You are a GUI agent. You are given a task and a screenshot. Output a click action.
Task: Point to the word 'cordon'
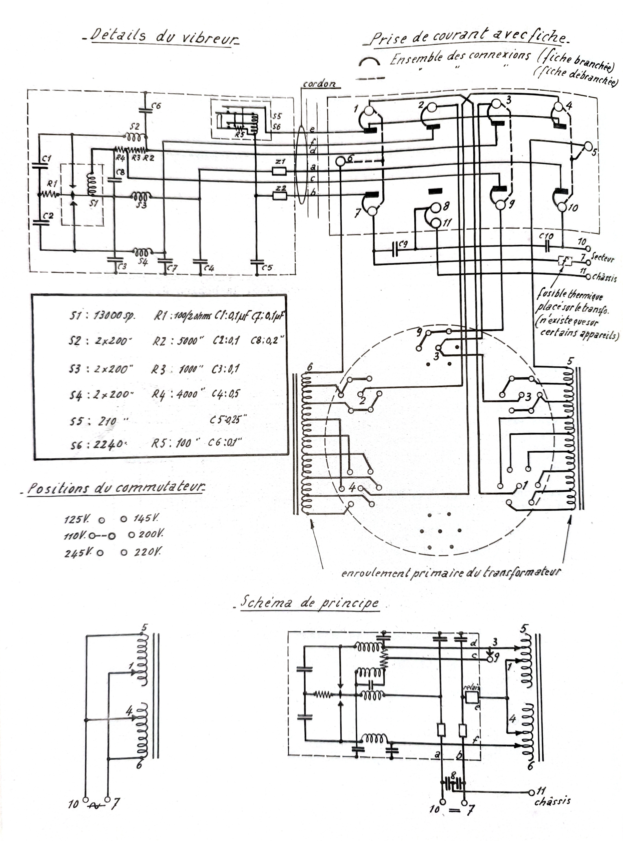(319, 84)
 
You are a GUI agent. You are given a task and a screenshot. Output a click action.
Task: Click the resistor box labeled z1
(279, 172)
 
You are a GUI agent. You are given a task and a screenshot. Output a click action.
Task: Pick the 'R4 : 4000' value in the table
(177, 394)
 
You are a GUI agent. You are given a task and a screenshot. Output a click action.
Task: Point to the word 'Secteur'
(602, 258)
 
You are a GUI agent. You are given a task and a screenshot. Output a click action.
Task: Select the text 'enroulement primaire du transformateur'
(451, 573)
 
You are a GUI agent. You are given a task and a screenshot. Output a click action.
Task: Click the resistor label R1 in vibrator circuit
(52, 184)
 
